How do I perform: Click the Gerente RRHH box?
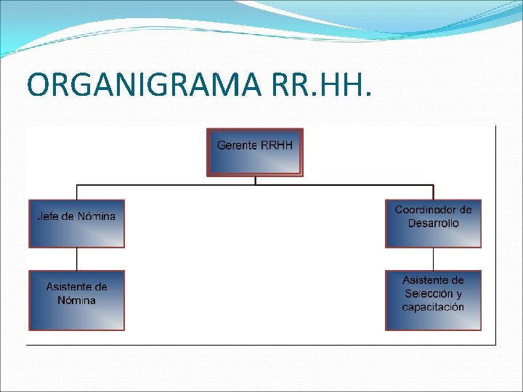point(255,152)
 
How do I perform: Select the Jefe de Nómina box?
point(76,224)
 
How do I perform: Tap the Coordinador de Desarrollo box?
point(433,224)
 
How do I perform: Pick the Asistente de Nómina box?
point(76,301)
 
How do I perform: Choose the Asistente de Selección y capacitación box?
point(433,301)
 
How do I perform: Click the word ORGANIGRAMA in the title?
point(143,86)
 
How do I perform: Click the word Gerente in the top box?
point(237,145)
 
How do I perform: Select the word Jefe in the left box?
point(49,216)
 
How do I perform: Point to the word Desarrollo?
point(433,224)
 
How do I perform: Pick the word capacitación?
point(433,307)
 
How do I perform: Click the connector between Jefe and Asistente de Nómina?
point(76,259)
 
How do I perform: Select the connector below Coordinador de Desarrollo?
point(433,259)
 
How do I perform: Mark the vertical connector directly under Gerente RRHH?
point(255,181)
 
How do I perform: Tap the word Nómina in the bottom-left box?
point(76,301)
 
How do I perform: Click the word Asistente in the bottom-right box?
point(433,280)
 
